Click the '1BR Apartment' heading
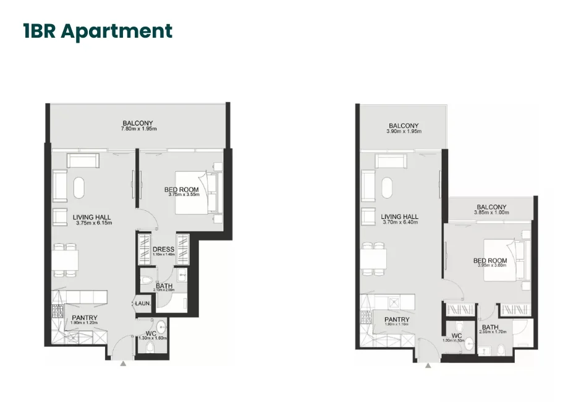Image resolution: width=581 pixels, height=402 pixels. point(98,31)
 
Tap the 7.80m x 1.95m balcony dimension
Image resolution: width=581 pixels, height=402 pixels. point(138,129)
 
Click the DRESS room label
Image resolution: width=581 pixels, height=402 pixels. point(164,250)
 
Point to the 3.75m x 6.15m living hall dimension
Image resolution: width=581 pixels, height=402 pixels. point(91,223)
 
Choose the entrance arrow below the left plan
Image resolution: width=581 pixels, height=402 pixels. point(123,364)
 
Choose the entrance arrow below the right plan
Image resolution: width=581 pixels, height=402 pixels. point(428,366)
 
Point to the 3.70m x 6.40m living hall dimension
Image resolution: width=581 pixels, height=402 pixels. point(400,223)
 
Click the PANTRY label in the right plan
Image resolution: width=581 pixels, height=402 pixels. point(396,319)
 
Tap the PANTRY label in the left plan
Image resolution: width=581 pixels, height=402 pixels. point(84,318)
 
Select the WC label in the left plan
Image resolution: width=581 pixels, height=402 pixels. point(150,334)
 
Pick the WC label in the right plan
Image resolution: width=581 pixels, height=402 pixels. point(457,336)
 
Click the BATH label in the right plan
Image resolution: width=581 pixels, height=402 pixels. point(490,327)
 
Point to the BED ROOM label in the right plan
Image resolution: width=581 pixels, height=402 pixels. point(490,261)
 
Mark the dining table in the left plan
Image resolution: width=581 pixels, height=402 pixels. point(66,260)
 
